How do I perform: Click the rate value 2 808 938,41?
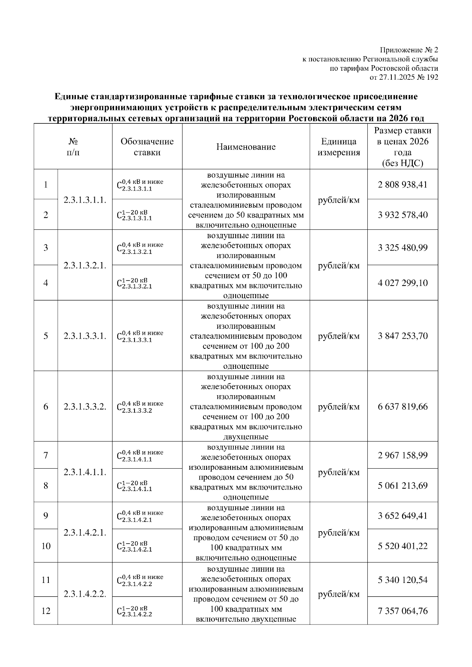[x=402, y=185]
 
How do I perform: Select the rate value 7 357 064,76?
[x=402, y=611]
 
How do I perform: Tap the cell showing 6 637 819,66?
[x=402, y=407]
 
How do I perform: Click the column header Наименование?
[x=246, y=147]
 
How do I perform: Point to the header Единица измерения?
[x=339, y=147]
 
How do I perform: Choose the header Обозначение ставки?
[x=147, y=147]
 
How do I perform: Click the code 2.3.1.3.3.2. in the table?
[x=85, y=407]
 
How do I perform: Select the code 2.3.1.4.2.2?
[x=85, y=594]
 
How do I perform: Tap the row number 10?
[x=46, y=546]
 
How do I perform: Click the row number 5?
[x=46, y=336]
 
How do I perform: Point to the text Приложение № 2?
[x=409, y=50]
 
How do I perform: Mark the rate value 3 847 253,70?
[x=402, y=336]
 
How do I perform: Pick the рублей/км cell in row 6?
[x=339, y=407]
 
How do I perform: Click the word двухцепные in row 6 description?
[x=246, y=437]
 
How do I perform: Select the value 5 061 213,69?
[x=402, y=486]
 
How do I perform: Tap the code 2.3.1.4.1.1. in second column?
[x=85, y=472]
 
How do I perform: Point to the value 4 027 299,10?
[x=402, y=283]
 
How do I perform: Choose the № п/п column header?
[x=73, y=147]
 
